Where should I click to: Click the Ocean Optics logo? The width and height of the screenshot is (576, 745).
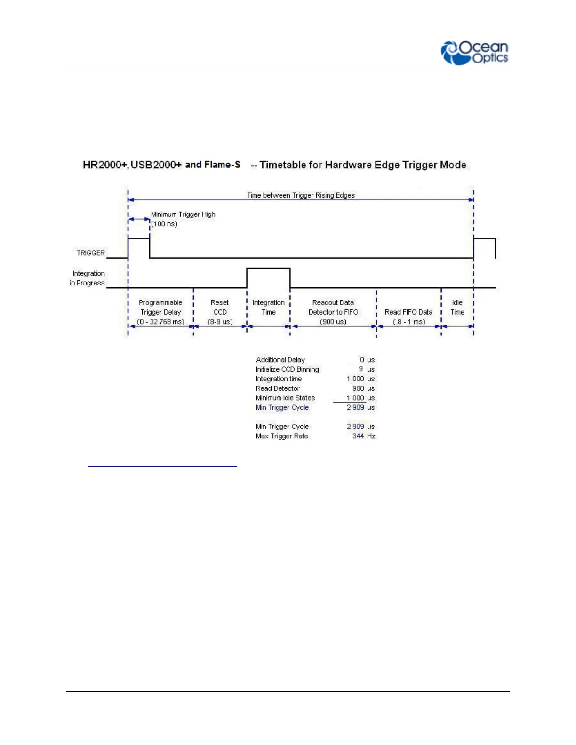tap(474, 53)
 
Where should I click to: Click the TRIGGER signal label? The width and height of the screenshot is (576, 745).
tap(91, 253)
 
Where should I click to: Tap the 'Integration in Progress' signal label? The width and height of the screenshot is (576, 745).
tap(88, 278)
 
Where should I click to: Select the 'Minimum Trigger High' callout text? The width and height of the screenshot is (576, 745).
tap(183, 214)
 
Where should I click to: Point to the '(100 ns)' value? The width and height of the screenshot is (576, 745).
tap(164, 224)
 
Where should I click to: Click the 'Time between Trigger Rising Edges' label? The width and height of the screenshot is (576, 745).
tap(301, 195)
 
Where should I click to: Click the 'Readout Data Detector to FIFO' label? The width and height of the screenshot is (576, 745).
tap(333, 312)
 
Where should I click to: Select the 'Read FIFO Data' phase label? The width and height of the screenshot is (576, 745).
tap(408, 312)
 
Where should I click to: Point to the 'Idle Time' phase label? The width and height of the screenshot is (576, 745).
tap(457, 308)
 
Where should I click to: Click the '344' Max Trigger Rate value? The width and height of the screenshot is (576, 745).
tap(358, 436)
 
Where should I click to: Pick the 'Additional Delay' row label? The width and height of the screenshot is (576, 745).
tap(280, 360)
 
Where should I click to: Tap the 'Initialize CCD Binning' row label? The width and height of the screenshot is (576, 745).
tap(287, 370)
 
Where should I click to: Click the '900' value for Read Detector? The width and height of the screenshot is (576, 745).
tap(358, 388)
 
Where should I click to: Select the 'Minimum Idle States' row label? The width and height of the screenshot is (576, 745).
tap(285, 398)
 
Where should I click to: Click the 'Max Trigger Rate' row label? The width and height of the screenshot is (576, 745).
tap(282, 436)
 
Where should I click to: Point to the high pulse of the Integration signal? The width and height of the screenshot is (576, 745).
tap(268, 269)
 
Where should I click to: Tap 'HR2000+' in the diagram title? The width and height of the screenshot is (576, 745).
tap(104, 165)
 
